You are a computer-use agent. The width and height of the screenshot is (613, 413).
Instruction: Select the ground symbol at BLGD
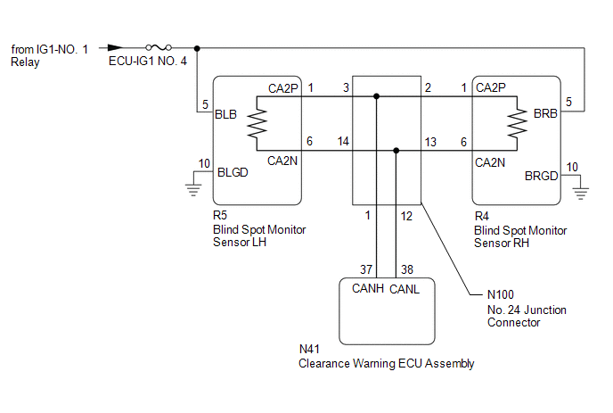tap(192, 185)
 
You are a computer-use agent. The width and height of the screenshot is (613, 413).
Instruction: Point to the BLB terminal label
tap(226, 113)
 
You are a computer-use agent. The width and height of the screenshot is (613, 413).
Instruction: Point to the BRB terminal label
tap(545, 113)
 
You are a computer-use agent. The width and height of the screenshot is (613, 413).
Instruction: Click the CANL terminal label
tap(405, 289)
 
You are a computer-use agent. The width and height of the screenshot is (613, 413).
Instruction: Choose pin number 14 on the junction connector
tap(344, 142)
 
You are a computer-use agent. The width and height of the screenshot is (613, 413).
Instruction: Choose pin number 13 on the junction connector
tap(430, 142)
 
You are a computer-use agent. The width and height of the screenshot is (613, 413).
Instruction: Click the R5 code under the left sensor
tap(220, 217)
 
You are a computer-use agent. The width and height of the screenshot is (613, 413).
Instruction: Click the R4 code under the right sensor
tap(481, 217)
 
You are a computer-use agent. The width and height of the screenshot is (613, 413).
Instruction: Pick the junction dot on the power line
tap(196, 47)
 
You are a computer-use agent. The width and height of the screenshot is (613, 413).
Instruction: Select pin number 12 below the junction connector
tap(406, 215)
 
